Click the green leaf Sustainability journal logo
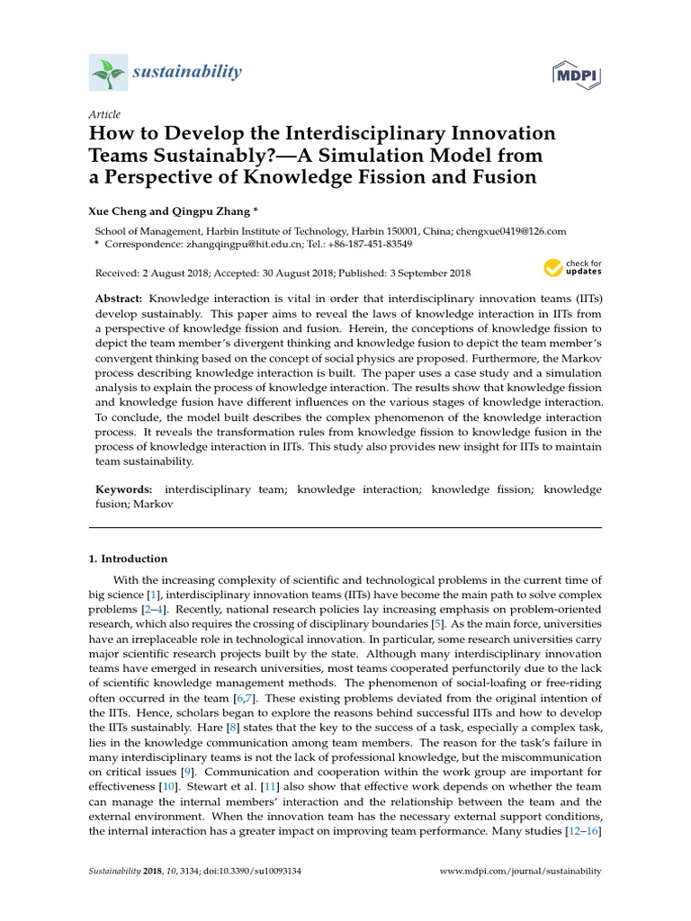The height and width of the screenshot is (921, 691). point(108,72)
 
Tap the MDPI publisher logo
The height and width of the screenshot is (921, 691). point(576,74)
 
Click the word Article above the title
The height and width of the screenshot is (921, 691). point(104,114)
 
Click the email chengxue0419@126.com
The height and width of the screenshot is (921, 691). point(511,231)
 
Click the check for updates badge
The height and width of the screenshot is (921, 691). point(571,267)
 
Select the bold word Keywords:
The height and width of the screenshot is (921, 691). point(124,489)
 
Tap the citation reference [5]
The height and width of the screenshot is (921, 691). point(437,623)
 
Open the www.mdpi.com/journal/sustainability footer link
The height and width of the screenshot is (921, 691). point(519,872)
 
